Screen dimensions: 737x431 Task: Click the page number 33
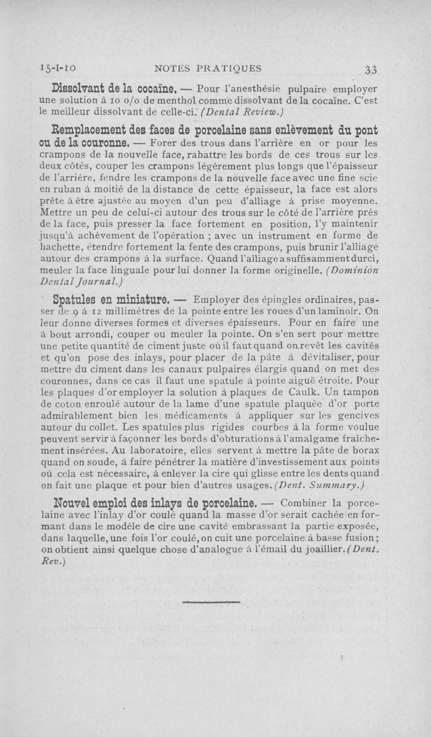click(x=370, y=69)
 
